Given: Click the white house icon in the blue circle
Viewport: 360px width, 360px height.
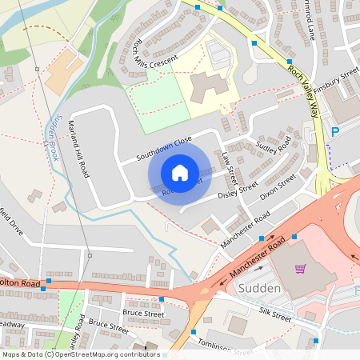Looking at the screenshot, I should click(180, 172).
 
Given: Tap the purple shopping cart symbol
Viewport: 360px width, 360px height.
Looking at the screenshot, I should click(301, 269).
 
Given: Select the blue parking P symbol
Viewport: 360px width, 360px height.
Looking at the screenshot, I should click(335, 131).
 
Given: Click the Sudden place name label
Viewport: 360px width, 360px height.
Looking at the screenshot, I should click(259, 288).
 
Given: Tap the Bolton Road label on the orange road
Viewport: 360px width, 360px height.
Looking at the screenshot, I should click(19, 282).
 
